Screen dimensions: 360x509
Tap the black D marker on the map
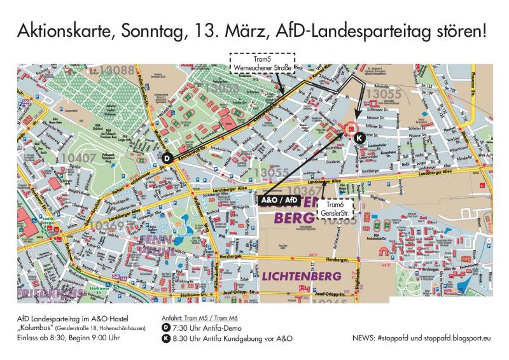[x=167, y=158]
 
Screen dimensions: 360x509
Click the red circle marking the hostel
[x=350, y=129]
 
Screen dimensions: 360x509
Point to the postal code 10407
[x=80, y=156]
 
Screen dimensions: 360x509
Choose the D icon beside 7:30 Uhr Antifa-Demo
[x=167, y=328]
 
